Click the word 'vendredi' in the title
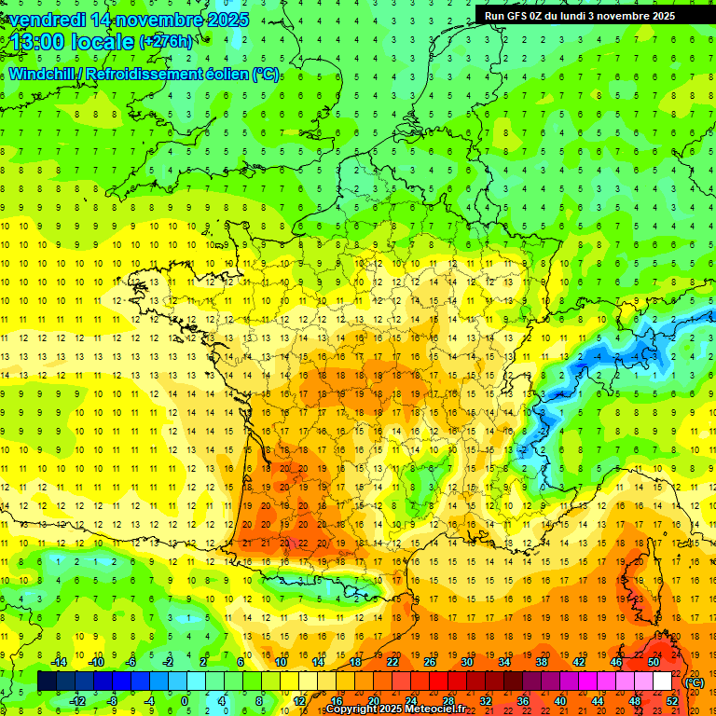click(49, 20)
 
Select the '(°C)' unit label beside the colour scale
click(695, 682)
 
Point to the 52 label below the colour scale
click(672, 701)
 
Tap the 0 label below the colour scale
click(185, 701)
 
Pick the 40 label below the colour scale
click(560, 701)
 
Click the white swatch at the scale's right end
click(663, 682)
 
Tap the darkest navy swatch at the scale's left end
click(47, 682)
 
